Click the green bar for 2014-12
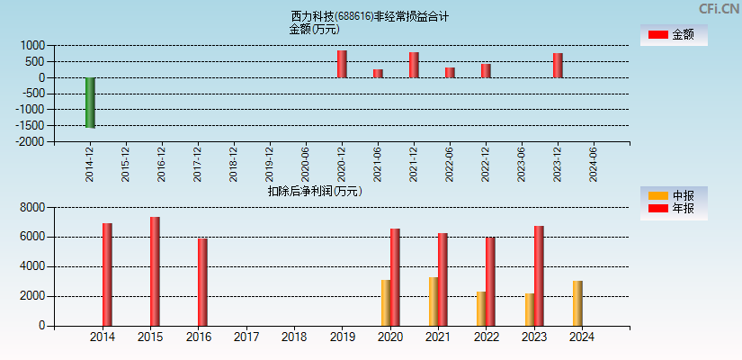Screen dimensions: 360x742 tap(90, 103)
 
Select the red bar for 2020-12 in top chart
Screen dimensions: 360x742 tap(342, 64)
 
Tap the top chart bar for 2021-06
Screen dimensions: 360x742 tap(378, 73)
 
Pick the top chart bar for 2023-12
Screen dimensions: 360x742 tap(558, 65)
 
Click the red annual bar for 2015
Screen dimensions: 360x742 tap(155, 271)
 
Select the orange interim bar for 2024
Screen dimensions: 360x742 tap(577, 303)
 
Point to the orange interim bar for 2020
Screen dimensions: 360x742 tap(385, 302)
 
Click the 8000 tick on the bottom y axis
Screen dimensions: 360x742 tap(32, 207)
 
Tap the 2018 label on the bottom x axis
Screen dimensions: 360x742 tap(294, 337)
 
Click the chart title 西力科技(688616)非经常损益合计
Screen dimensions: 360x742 tap(370, 16)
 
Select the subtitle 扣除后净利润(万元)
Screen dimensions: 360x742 tap(314, 191)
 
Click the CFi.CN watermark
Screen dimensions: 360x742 tap(719, 8)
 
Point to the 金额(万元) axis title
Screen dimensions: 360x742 tap(314, 29)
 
